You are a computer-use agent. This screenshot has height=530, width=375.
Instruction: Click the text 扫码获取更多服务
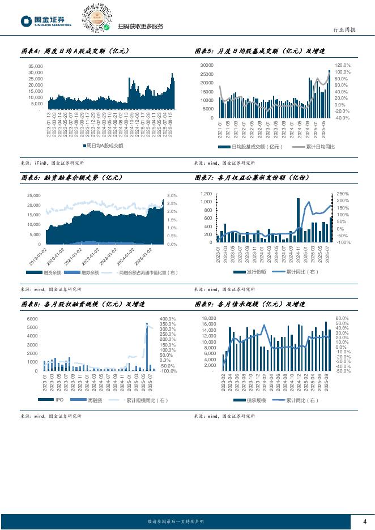pyautogui.click(x=140, y=27)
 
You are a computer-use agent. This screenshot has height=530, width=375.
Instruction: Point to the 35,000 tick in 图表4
pyautogui.click(x=35, y=66)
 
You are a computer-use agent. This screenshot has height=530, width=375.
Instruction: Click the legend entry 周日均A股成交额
pyautogui.click(x=104, y=146)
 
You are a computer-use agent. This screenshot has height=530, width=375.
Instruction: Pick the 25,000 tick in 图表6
pyautogui.click(x=33, y=195)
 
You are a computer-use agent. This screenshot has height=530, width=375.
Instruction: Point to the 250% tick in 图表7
pyautogui.click(x=342, y=194)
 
